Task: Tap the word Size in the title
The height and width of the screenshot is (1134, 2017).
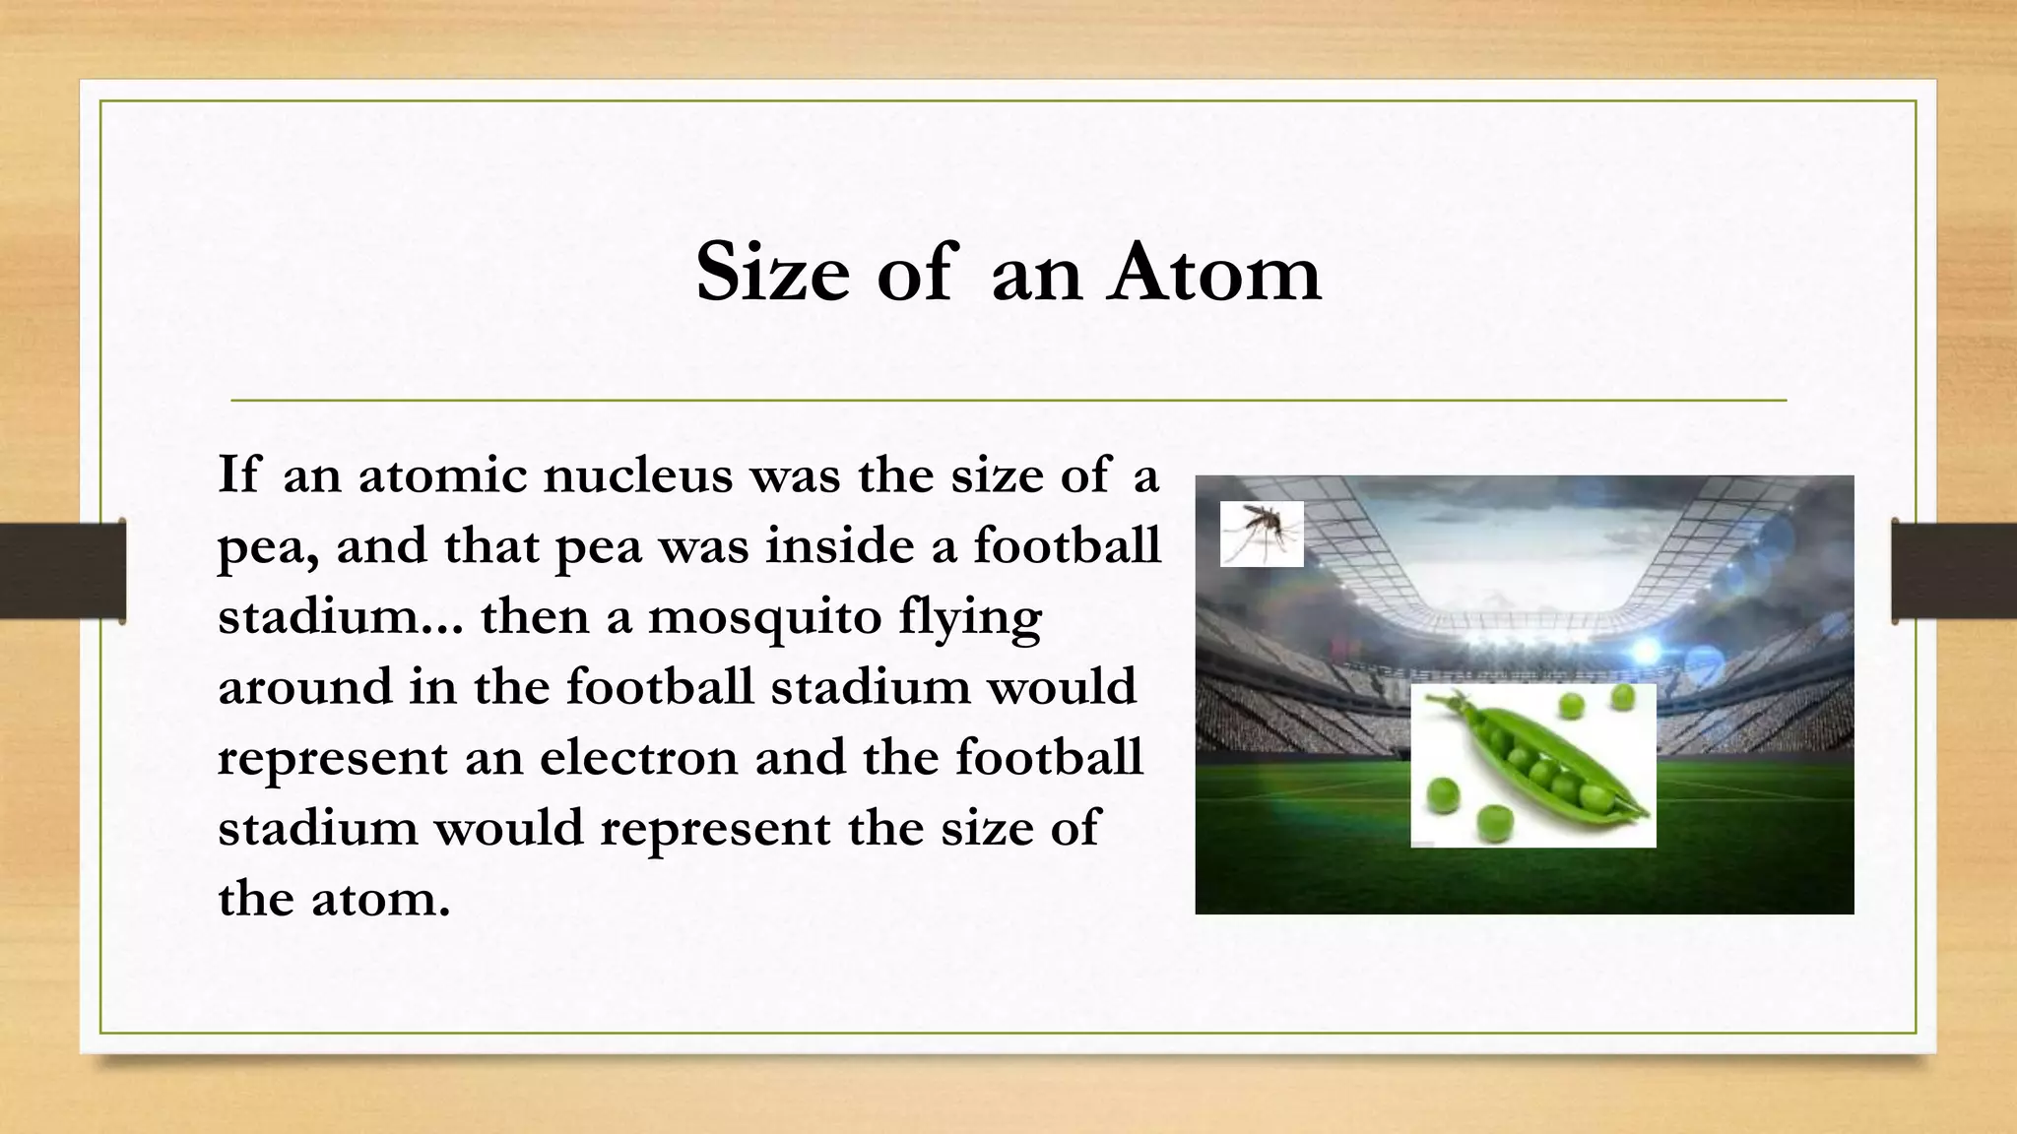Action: pyautogui.click(x=772, y=273)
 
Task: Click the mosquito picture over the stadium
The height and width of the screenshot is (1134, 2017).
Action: pyautogui.click(x=1262, y=534)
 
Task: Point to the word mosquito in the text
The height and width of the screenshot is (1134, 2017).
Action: pyautogui.click(x=764, y=617)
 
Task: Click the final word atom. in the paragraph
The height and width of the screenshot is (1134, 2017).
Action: pyautogui.click(x=380, y=899)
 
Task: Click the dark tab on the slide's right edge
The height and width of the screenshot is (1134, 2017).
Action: pyautogui.click(x=1954, y=571)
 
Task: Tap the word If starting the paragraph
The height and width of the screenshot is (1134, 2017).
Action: pyautogui.click(x=238, y=475)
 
